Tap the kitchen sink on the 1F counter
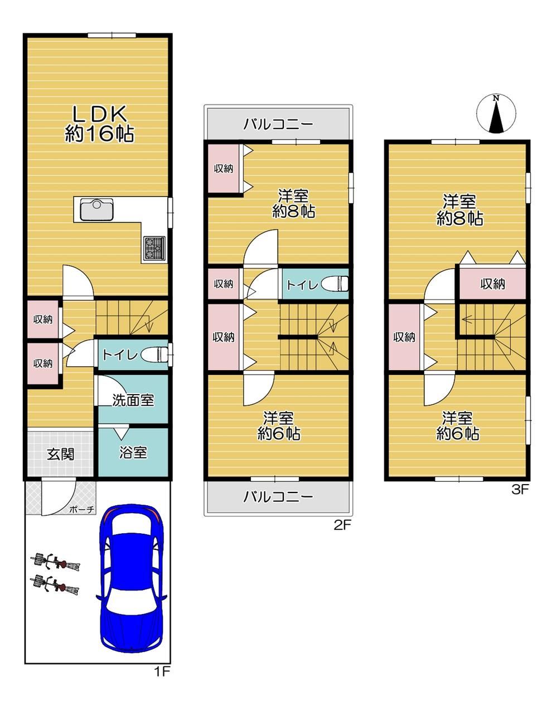point(96,209)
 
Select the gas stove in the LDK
point(154,247)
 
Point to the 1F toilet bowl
point(154,355)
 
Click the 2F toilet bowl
point(335,284)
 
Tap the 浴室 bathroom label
point(133,452)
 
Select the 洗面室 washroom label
point(133,400)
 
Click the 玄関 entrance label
point(61,454)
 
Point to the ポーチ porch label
point(81,509)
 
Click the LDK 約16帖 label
point(99,123)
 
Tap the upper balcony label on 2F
point(278,124)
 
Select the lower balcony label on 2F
point(278,497)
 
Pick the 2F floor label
point(342,525)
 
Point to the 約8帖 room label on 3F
point(459,218)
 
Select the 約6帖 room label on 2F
point(279,434)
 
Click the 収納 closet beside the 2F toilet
point(224,284)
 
